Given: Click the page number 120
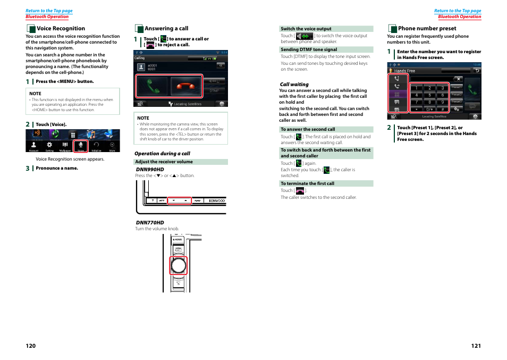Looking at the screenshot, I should click(x=30, y=346).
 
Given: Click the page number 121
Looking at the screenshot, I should click(x=476, y=346).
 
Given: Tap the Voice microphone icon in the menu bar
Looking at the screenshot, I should click(x=81, y=145).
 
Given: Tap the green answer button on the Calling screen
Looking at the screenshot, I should click(x=152, y=86).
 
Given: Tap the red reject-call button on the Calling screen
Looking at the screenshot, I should click(x=186, y=86).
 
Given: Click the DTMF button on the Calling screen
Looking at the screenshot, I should click(x=214, y=91).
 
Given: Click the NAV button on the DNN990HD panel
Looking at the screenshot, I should click(x=198, y=200).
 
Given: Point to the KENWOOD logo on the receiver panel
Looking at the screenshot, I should click(x=216, y=200).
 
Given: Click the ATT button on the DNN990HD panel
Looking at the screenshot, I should click(x=163, y=200).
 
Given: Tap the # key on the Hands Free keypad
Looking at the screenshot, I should click(x=442, y=108).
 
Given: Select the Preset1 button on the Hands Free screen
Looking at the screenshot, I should click(x=457, y=87).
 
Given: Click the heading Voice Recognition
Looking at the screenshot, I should click(x=61, y=29).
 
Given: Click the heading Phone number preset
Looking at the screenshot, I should click(x=427, y=29).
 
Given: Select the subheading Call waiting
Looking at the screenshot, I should click(x=294, y=84).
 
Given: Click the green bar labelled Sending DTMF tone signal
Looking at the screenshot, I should click(x=326, y=49).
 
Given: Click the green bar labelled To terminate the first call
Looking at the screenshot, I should click(x=326, y=183).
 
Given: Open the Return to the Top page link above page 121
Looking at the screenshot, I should click(x=457, y=11).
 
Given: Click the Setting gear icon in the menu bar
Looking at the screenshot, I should click(x=49, y=145).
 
